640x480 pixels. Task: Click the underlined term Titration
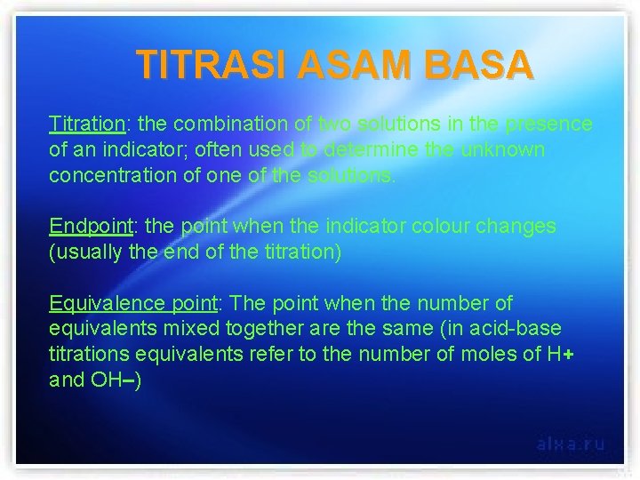[86, 124]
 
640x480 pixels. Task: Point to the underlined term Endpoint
[87, 226]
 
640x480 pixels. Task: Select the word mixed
[184, 330]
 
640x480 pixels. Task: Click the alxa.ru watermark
[570, 444]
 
